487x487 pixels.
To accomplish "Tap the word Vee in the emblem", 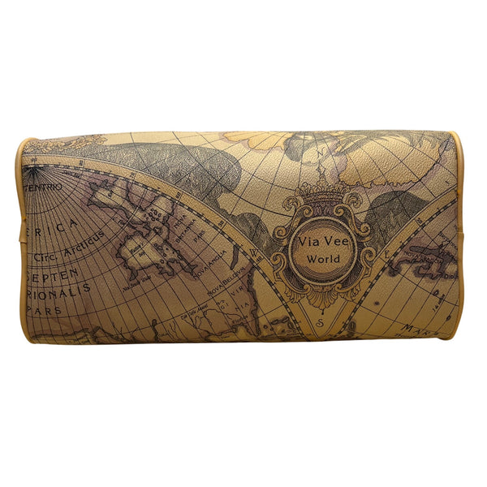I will (x=334, y=242).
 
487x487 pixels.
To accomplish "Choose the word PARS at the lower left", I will (x=41, y=311).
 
